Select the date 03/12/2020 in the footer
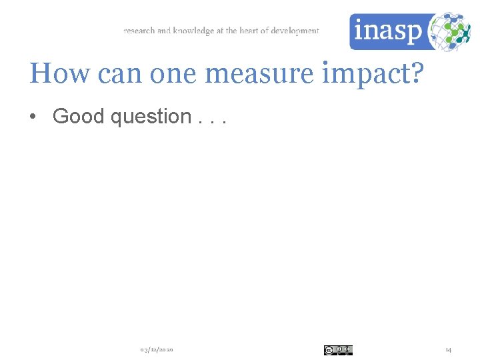157,350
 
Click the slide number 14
448,350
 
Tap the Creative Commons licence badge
338,350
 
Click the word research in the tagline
139,31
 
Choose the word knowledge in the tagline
193,31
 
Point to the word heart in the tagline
250,31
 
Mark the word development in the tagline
295,31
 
